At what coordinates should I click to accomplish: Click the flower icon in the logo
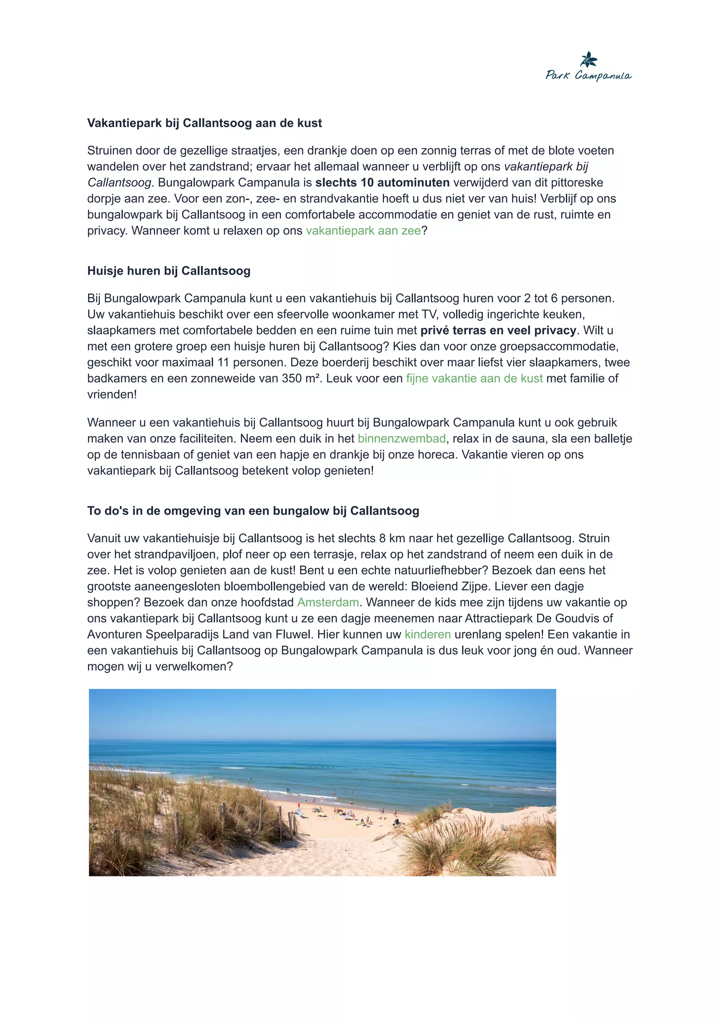tap(589, 59)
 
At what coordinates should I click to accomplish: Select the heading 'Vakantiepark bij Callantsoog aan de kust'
tap(204, 123)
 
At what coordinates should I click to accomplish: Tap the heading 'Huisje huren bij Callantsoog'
tap(169, 271)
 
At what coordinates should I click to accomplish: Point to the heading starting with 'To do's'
tap(253, 511)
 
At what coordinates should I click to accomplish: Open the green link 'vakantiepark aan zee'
tap(363, 231)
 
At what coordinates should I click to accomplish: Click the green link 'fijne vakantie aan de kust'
tap(475, 378)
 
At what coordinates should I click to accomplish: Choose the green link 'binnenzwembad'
tap(402, 439)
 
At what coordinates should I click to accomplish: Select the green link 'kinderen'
tap(428, 635)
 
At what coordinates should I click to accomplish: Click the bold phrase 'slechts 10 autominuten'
tap(383, 183)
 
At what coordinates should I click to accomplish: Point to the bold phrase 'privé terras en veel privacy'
tap(498, 330)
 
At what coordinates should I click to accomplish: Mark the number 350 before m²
tap(292, 378)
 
